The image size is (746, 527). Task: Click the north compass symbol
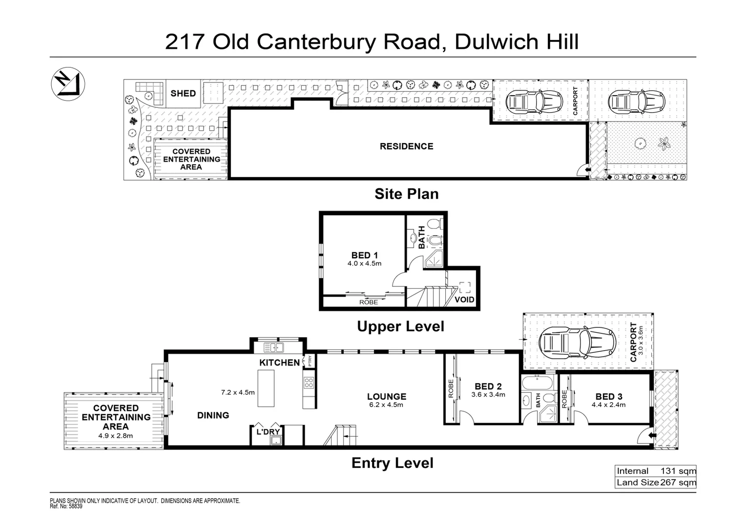click(x=68, y=84)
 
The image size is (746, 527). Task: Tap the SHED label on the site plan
click(x=183, y=93)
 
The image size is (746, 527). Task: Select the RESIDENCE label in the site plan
click(x=406, y=146)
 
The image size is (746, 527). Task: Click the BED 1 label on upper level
click(x=365, y=255)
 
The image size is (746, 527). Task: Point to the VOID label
click(x=464, y=300)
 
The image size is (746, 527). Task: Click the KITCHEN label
click(x=279, y=363)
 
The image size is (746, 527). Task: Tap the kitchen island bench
click(x=266, y=388)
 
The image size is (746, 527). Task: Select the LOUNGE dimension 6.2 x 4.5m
click(x=387, y=405)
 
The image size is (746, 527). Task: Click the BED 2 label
click(x=488, y=386)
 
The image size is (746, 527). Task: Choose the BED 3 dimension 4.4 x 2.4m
click(x=608, y=405)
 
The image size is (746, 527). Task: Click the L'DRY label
click(x=268, y=431)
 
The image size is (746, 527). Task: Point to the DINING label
click(x=213, y=415)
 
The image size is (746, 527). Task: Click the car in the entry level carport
click(x=576, y=341)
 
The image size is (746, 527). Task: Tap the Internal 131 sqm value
click(x=678, y=471)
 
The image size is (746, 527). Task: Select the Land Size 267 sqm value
click(x=678, y=483)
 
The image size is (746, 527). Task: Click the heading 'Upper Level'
click(x=400, y=326)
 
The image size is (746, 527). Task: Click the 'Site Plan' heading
click(x=406, y=194)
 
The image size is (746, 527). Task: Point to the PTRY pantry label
click(x=309, y=361)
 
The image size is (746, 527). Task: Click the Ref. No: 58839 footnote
click(x=66, y=507)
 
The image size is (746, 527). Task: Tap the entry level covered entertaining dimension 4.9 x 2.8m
click(x=116, y=436)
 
